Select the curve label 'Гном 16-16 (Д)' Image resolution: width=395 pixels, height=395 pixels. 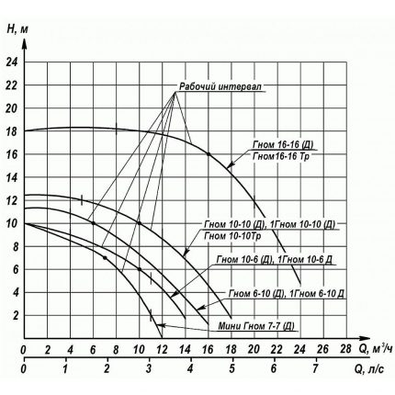284,145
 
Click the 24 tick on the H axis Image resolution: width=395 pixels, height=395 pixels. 11,63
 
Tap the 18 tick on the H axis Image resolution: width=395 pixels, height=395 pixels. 11,131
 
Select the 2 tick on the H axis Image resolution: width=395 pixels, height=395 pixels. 13,315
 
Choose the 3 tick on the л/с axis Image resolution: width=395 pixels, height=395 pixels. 148,371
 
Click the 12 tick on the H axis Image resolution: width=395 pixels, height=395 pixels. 11,200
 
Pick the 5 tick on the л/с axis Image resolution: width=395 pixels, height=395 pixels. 231,371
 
